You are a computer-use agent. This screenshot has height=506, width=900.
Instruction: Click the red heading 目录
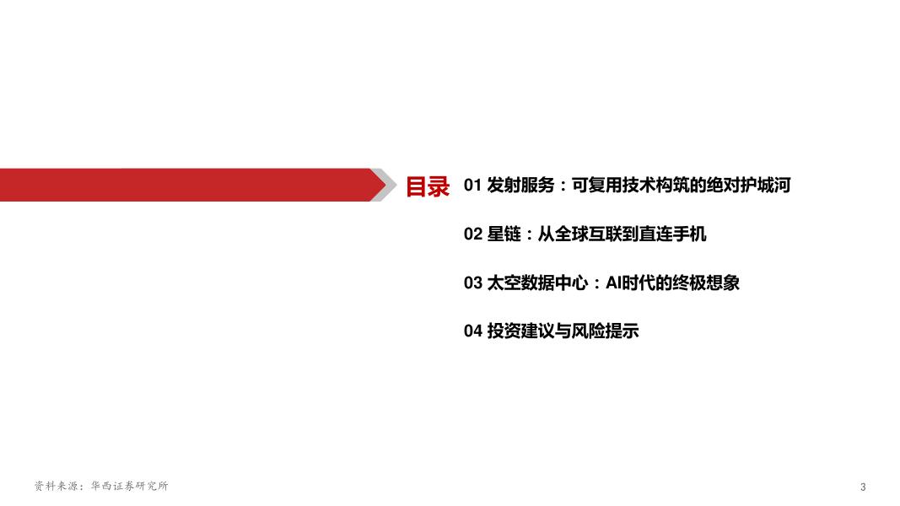[x=428, y=186]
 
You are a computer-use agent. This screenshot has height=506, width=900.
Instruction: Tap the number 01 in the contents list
[x=472, y=186]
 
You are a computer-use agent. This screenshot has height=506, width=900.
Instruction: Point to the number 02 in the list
[x=472, y=234]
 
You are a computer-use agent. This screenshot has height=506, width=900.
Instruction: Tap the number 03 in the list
[x=472, y=283]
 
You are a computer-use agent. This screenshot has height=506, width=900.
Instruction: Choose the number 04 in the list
[x=472, y=331]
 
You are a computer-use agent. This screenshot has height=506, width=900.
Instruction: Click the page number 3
[x=863, y=487]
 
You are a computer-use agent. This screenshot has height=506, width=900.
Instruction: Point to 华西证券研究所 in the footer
[x=129, y=487]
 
